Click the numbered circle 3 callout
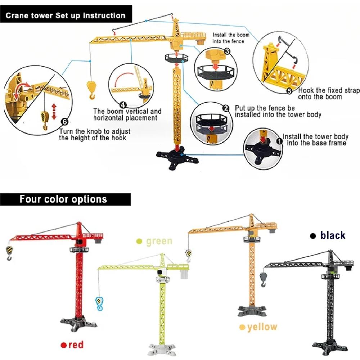point(227,51)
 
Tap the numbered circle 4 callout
point(123,105)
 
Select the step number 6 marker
point(65,121)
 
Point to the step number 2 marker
point(226,108)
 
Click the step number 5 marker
point(289,91)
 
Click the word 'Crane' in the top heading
point(17,15)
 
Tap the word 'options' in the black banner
point(89,199)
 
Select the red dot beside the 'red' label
point(63,345)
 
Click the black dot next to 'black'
point(313,236)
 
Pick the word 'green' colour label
point(159,241)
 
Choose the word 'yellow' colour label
point(262,327)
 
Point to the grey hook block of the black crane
point(264,279)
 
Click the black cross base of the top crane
point(177,157)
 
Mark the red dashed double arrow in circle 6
point(54,111)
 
